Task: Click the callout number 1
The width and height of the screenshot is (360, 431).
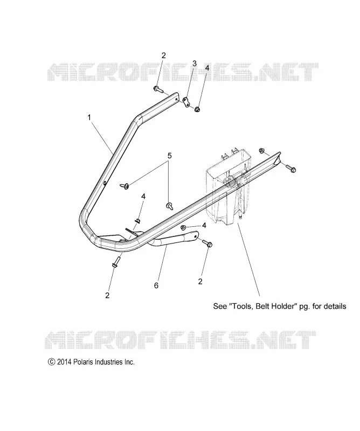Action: pos(89,117)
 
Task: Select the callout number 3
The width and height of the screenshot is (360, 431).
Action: pos(194,64)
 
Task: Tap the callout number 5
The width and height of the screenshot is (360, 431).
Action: pos(169,156)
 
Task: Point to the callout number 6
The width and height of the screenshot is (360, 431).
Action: pos(156,286)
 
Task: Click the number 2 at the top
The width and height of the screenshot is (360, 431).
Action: pos(164,55)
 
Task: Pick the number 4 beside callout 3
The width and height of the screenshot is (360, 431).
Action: pos(207,68)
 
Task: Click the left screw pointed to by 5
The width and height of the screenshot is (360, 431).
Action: pos(125,186)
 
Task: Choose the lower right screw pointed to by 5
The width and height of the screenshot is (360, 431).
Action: pos(169,206)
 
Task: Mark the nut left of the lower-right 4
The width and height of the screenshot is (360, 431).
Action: pos(183,227)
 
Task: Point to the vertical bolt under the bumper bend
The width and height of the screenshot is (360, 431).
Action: pos(116,262)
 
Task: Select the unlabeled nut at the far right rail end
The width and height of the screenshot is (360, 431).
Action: pos(261,150)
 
